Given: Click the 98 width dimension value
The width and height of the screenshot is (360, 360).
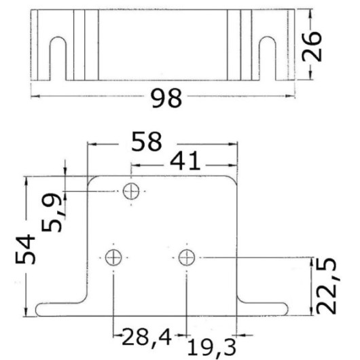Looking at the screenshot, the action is (166, 98).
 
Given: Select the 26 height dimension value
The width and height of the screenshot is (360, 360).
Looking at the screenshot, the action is (312, 47).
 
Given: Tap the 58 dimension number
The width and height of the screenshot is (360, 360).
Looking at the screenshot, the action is (147, 141).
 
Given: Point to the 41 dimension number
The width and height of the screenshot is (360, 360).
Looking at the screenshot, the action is (185, 161).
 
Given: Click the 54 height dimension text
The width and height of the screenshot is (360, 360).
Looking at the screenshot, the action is (25, 249).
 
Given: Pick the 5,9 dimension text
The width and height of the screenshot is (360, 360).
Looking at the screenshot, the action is (52, 213).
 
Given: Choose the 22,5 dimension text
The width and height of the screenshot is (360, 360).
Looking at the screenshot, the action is (327, 286).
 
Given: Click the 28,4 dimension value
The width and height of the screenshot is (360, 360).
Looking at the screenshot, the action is (147, 337).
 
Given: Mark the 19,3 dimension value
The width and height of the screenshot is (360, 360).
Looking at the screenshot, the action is (212, 348).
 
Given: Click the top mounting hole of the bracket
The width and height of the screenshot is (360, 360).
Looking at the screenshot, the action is (131, 191).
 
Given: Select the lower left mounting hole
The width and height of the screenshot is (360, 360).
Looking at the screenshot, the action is (113, 257).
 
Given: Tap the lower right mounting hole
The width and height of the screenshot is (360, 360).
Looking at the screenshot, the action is (187, 257).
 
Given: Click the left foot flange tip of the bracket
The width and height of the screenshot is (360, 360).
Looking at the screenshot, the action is (36, 310).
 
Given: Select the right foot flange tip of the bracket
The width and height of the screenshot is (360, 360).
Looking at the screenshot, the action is (287, 309).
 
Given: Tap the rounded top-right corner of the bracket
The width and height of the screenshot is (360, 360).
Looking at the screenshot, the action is (233, 179).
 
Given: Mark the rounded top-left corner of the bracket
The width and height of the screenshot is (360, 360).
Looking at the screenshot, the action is (92, 179).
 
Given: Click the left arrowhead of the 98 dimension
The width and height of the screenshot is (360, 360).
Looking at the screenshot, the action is (35, 96).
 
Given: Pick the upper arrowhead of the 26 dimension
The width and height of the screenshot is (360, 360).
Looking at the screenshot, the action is (310, 14).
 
